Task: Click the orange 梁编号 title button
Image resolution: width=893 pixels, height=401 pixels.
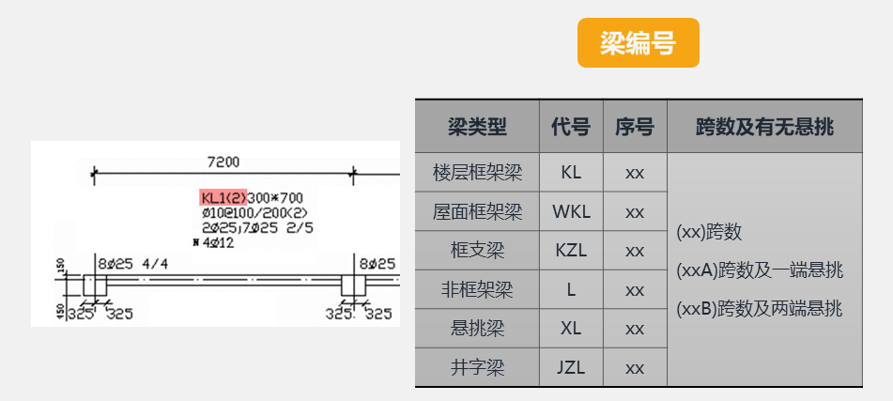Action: tap(638, 43)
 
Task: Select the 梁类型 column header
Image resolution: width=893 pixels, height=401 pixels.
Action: tap(477, 126)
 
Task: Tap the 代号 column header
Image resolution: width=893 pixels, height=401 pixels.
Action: tap(571, 126)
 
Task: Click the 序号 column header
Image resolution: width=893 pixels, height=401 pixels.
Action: tap(635, 126)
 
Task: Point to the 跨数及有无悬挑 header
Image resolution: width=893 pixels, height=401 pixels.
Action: tap(764, 126)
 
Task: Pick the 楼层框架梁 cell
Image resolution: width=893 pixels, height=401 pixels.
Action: tap(477, 174)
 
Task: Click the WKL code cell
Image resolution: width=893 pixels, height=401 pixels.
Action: tap(571, 212)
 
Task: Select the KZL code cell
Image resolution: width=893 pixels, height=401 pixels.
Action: tap(571, 252)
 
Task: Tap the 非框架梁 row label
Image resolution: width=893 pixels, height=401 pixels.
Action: tap(477, 290)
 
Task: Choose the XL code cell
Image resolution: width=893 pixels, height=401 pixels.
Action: tap(571, 329)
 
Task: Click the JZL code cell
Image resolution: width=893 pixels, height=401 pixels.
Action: tap(571, 367)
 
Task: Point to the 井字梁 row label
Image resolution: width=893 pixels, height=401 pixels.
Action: tap(477, 367)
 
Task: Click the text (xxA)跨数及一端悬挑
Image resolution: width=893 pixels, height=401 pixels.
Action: tap(759, 270)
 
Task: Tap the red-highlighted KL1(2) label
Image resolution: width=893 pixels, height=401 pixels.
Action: tap(223, 197)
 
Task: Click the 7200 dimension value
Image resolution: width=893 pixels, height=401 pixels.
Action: tap(223, 162)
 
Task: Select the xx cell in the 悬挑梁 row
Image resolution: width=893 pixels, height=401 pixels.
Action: tap(635, 329)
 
